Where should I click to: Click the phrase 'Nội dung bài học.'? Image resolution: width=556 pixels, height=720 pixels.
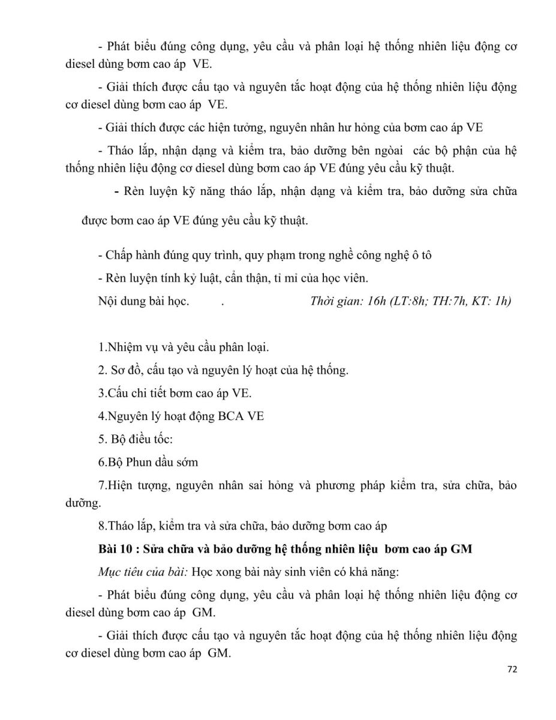(143, 301)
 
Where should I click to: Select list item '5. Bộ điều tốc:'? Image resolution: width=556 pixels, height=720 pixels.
(135, 439)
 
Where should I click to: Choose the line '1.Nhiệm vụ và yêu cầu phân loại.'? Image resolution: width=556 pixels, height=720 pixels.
(184, 347)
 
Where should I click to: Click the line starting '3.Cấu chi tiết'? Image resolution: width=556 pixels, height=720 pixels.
(175, 393)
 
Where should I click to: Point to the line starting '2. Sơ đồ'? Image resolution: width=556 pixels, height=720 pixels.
(223, 370)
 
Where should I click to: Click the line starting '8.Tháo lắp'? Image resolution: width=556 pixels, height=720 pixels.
(244, 526)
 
